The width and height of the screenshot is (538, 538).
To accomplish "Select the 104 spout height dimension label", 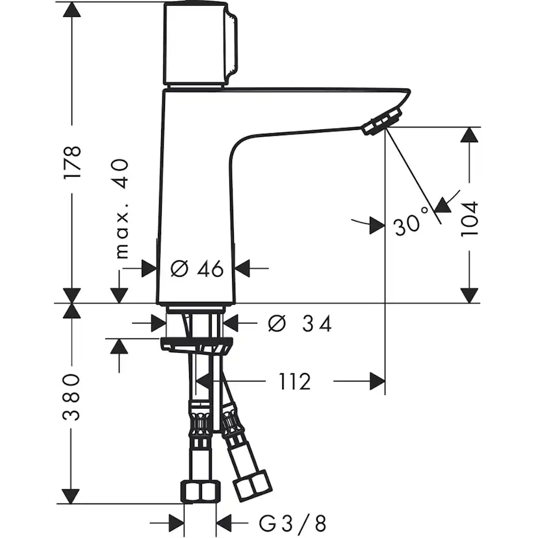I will click(x=470, y=218).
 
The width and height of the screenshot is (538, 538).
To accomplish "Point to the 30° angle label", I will click(x=412, y=224).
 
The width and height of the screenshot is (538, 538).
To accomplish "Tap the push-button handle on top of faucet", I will click(x=199, y=44).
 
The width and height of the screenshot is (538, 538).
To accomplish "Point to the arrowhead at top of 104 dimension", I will click(x=470, y=136).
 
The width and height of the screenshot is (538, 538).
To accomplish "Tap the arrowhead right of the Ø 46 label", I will click(x=242, y=268).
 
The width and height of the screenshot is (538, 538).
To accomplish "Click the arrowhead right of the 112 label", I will click(x=378, y=382).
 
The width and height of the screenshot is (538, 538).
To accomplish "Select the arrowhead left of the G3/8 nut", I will click(x=176, y=522).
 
